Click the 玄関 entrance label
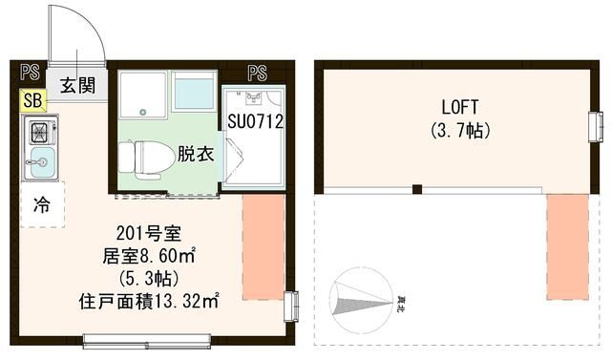[77, 84]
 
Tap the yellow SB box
[32, 100]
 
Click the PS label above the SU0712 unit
[256, 71]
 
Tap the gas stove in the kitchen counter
[42, 132]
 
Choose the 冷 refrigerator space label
[41, 203]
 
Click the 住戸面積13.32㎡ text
[148, 302]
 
